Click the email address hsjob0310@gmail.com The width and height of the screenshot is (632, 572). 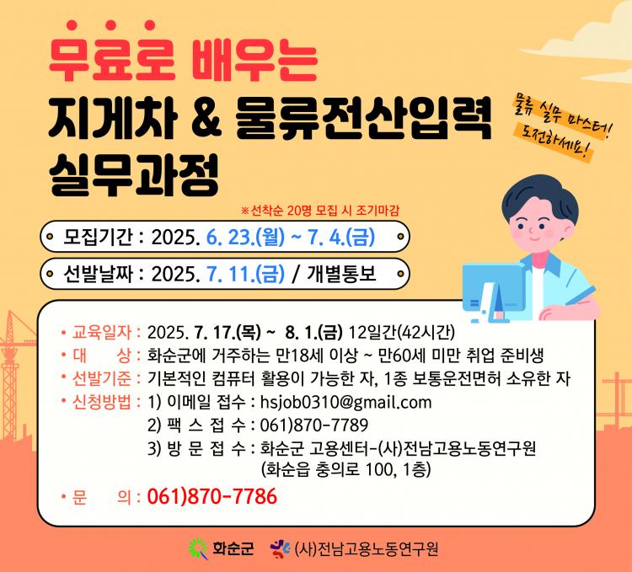(345, 403)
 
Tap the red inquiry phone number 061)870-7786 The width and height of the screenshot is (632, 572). (212, 496)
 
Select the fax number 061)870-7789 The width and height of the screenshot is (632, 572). (314, 425)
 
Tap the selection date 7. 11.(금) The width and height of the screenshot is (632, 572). (245, 274)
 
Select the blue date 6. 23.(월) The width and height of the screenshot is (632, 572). (245, 237)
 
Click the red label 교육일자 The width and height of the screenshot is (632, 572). (102, 332)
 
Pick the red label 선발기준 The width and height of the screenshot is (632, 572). (102, 378)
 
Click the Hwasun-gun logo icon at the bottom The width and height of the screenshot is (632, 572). (198, 548)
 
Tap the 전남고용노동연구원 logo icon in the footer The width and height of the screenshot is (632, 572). (280, 548)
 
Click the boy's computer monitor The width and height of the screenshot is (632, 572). (493, 288)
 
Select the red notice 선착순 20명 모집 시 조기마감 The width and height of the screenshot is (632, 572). (320, 211)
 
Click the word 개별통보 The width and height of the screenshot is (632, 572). (342, 274)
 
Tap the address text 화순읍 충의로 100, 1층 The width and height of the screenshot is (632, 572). (346, 470)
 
